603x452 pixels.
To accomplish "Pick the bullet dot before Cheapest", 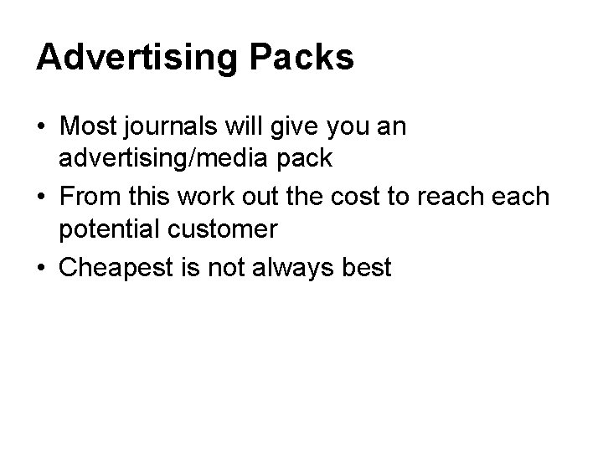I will click(x=40, y=270).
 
